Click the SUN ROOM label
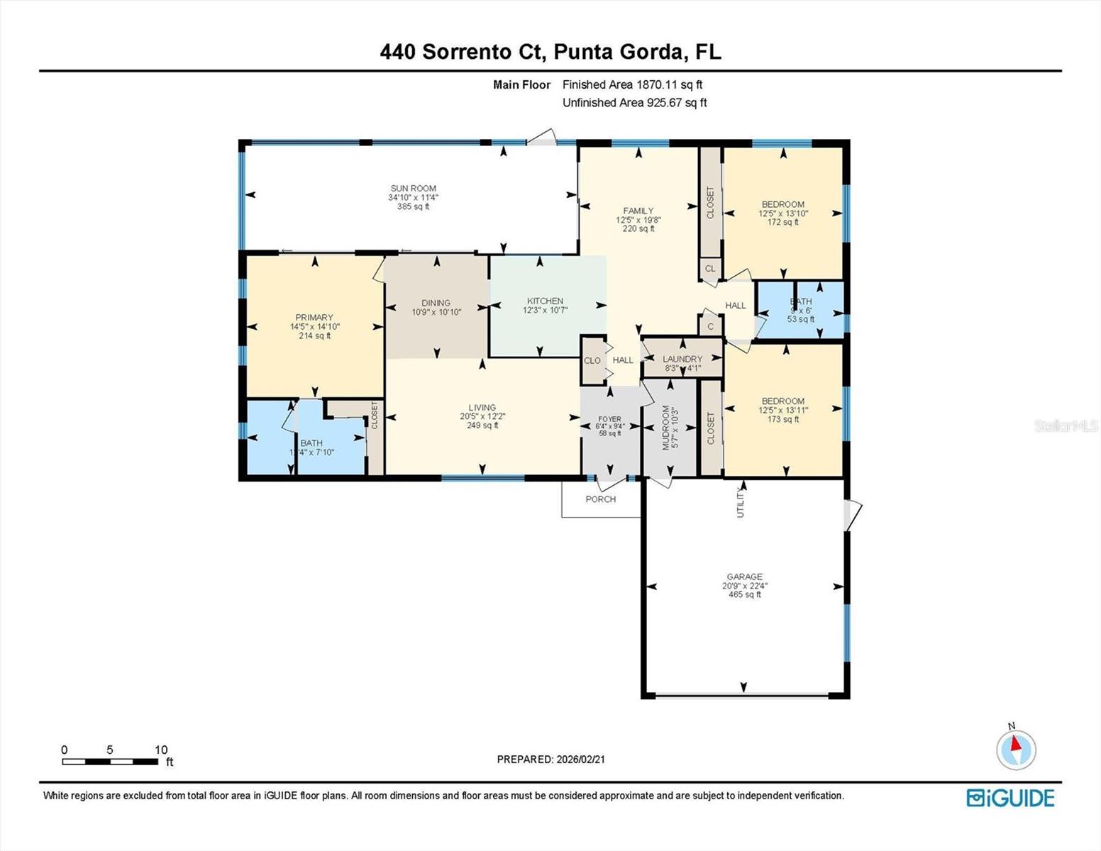pyautogui.click(x=413, y=189)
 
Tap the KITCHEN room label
pyautogui.click(x=545, y=301)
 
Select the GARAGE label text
pyautogui.click(x=744, y=577)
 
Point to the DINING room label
pyautogui.click(x=436, y=303)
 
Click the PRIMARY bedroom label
pyautogui.click(x=314, y=318)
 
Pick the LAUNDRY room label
pyautogui.click(x=682, y=360)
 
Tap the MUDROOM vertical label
pyautogui.click(x=666, y=428)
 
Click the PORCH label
pyautogui.click(x=601, y=499)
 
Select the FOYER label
pyautogui.click(x=609, y=419)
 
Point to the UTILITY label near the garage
pyautogui.click(x=741, y=502)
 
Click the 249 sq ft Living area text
pyautogui.click(x=482, y=425)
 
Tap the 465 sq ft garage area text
pyautogui.click(x=745, y=595)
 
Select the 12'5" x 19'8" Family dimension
pyautogui.click(x=638, y=220)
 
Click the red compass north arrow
pyautogui.click(x=1016, y=744)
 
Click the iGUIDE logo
pyautogui.click(x=1010, y=798)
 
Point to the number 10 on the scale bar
pyautogui.click(x=161, y=750)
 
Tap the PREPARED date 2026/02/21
pyautogui.click(x=580, y=760)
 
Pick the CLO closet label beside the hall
pyautogui.click(x=592, y=360)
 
